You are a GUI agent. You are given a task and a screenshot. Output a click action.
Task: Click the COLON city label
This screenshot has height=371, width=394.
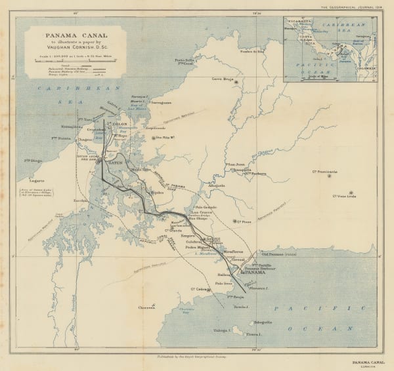coord(120,124)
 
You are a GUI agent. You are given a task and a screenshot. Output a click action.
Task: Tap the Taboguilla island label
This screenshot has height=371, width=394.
coord(263,322)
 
